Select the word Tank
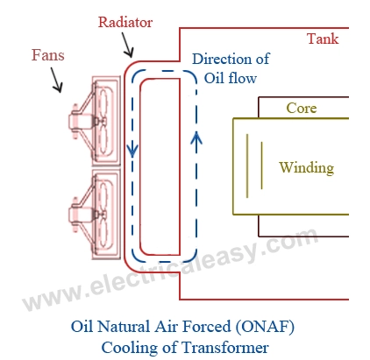tap(322, 39)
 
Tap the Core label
tap(302, 109)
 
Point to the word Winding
tap(306, 166)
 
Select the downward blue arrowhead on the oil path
tap(132, 150)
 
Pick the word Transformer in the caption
tap(219, 346)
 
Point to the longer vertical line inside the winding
tap(260, 166)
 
